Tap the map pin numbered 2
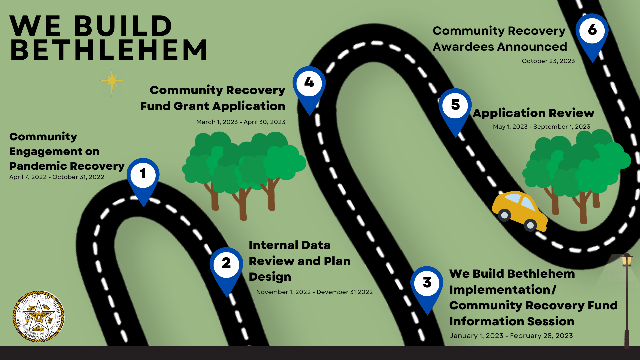click(226, 268)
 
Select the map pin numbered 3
click(427, 287)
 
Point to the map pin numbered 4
click(309, 87)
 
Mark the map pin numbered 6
click(592, 35)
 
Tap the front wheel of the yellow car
click(530, 225)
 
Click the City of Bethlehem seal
click(38, 316)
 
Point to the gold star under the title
click(111, 81)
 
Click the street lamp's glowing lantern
click(627, 260)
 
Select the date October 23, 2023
click(548, 61)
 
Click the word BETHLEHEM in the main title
click(109, 50)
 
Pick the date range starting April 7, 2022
click(57, 177)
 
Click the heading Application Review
click(533, 113)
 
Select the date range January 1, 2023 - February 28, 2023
click(511, 336)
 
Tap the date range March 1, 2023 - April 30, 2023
click(241, 122)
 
